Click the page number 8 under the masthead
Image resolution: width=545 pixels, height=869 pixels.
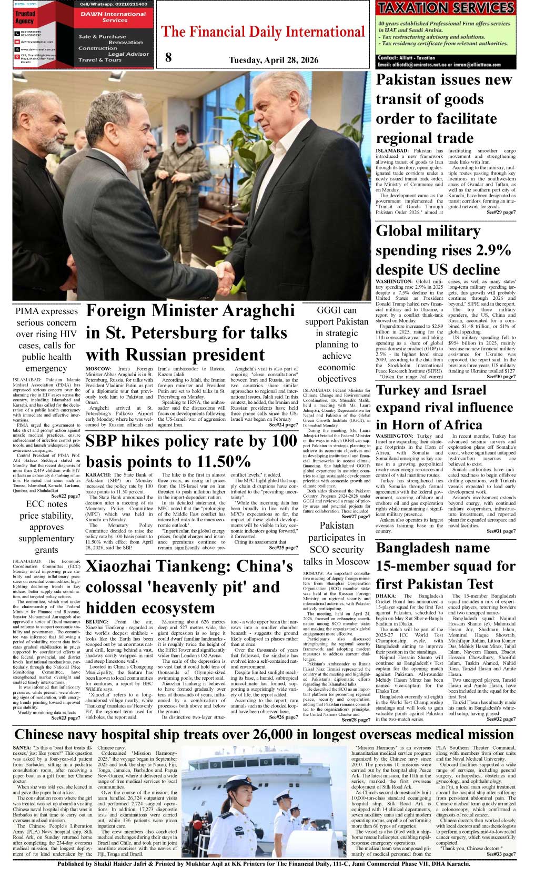(x=168, y=58)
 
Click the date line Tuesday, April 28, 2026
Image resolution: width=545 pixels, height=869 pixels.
(x=273, y=60)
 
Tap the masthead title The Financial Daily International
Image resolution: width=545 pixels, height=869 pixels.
(x=263, y=33)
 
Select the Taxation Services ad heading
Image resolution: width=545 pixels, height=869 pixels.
(x=446, y=8)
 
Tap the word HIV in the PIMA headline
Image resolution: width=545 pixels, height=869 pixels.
(x=68, y=334)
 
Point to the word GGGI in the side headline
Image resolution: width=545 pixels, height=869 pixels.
(x=328, y=310)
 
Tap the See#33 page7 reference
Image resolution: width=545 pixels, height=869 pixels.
(x=501, y=854)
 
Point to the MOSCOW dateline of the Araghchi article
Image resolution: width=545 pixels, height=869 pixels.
(x=98, y=369)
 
